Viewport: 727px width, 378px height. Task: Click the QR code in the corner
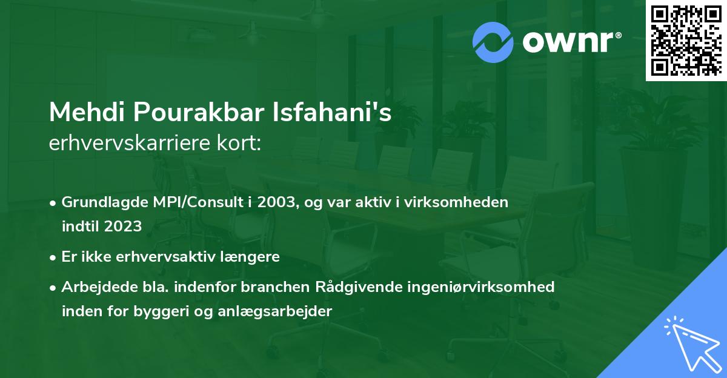tap(686, 41)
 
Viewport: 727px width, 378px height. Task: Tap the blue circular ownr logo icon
tap(493, 42)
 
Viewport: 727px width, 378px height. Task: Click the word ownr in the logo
tap(570, 42)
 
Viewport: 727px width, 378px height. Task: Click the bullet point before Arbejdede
tap(55, 287)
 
